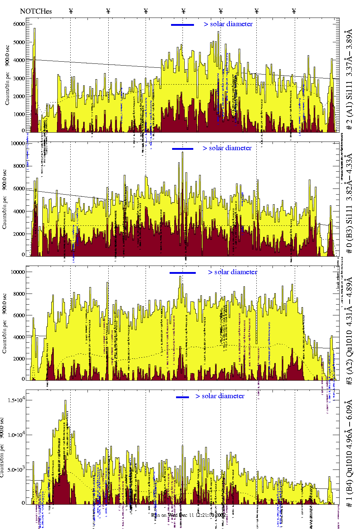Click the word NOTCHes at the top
point(36,11)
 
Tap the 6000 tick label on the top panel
point(19,24)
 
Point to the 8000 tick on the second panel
point(19,166)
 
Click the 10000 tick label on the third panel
point(18,272)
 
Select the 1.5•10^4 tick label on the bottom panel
point(16,400)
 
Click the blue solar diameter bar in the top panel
point(183,25)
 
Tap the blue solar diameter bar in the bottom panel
point(183,397)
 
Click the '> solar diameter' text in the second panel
point(227,148)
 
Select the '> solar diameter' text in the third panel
point(232,272)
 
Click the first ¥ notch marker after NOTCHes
point(71,11)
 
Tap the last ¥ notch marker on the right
point(294,11)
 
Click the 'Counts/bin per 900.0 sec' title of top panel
point(7,75)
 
